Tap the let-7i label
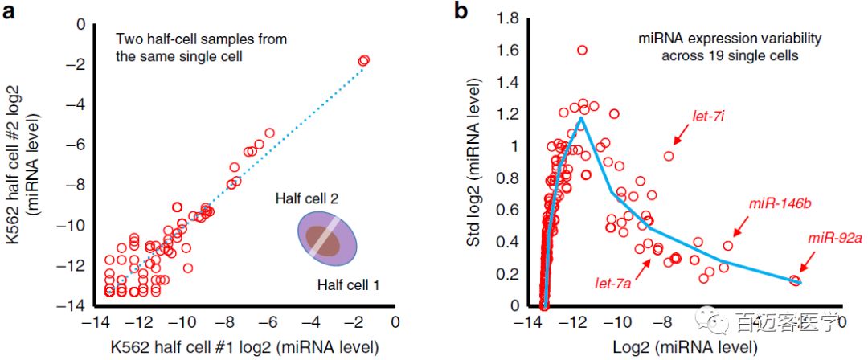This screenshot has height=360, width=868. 710,117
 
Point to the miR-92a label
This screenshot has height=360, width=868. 834,239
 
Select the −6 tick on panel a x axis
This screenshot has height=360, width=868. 268,322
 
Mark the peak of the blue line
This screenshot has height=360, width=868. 581,118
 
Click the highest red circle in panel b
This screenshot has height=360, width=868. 582,51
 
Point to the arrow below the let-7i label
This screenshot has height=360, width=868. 678,138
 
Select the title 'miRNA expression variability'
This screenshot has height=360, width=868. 707,39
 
